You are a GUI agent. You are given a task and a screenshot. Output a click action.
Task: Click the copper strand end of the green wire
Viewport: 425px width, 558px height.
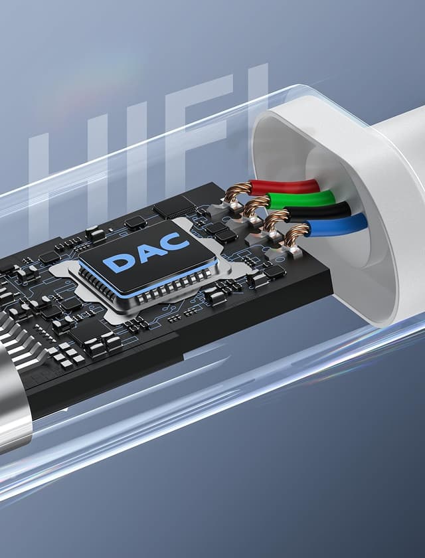pyautogui.click(x=256, y=206)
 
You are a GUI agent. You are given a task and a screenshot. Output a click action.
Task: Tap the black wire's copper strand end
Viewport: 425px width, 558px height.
pyautogui.click(x=275, y=219)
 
